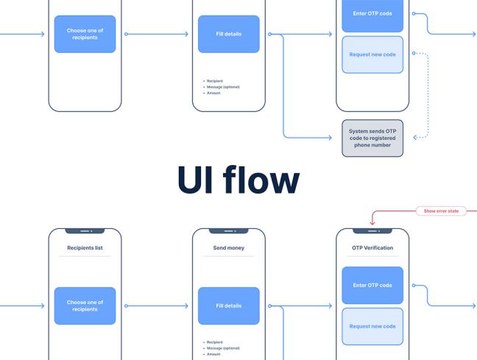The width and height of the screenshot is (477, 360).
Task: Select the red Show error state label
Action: coord(441,211)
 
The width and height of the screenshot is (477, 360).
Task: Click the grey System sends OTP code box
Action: coord(372,138)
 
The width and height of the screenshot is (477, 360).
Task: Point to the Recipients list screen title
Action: coord(85,248)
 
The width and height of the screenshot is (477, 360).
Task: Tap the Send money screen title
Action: coord(228,248)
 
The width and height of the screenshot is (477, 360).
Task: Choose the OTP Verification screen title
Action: coord(372,248)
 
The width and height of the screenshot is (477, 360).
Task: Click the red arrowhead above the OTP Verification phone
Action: coord(372,222)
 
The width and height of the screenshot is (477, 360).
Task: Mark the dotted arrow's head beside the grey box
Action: coord(416,138)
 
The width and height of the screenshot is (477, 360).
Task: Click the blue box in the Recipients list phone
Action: coord(85,306)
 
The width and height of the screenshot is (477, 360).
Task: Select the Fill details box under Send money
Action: coord(228,306)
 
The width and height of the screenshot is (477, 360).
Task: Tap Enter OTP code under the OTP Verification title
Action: coord(372,285)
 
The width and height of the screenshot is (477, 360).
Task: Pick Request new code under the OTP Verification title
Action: coord(372,326)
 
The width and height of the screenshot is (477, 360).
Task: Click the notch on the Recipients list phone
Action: coord(85,230)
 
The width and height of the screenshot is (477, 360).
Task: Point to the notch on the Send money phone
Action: coord(228,230)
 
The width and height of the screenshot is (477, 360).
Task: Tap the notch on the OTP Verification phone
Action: coord(372,230)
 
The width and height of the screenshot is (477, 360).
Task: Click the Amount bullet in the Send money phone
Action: coord(213,354)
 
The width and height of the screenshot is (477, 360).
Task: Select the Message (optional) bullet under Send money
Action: coord(222,348)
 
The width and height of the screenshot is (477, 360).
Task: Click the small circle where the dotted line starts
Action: coord(414,53)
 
